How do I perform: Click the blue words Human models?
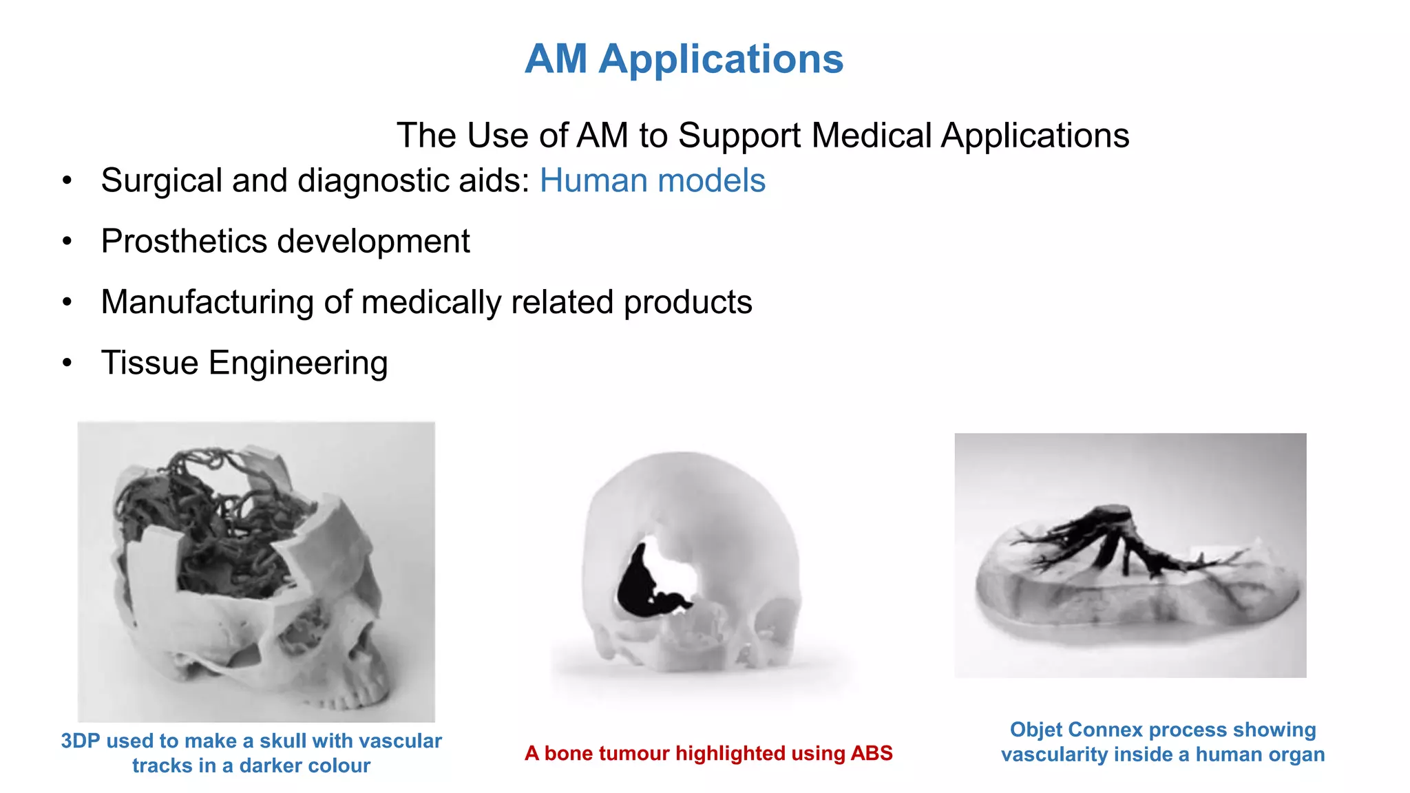point(652,181)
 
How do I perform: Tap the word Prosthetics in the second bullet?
point(184,242)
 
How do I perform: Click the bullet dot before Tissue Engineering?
point(67,363)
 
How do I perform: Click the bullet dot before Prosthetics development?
point(67,242)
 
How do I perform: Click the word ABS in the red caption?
point(872,754)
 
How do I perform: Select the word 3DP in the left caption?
point(81,741)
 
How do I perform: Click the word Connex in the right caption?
point(1106,730)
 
